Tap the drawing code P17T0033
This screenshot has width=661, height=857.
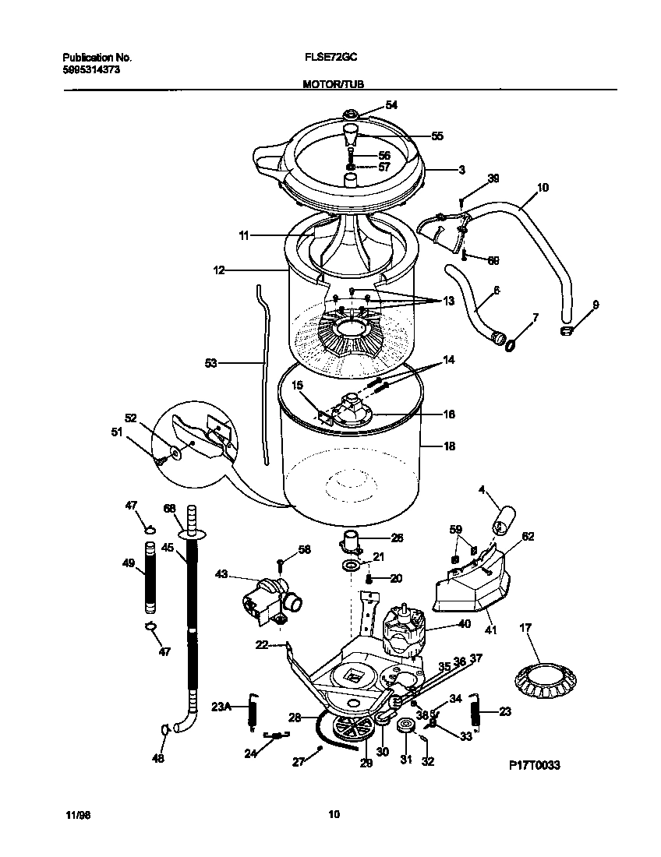(x=534, y=766)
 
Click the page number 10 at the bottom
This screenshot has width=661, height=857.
(x=333, y=815)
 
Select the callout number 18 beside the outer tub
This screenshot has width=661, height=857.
(x=449, y=446)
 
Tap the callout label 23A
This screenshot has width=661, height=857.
(x=221, y=707)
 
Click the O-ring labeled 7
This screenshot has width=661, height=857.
(x=511, y=341)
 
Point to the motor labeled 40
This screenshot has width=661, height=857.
(x=402, y=628)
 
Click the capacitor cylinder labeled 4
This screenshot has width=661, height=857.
(x=506, y=518)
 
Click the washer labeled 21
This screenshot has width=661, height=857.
(x=352, y=563)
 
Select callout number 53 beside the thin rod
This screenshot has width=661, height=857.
(x=211, y=362)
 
